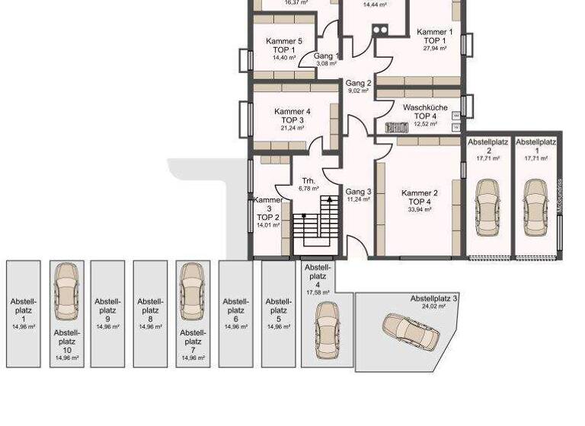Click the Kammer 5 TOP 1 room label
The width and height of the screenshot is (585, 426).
(284, 46)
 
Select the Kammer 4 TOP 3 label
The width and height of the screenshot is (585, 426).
(292, 116)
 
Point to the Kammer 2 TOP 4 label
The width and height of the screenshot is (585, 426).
(420, 198)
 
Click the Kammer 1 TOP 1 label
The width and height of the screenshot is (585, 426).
(435, 37)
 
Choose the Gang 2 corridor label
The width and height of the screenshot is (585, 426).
(358, 83)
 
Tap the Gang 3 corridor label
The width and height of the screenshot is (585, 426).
(358, 192)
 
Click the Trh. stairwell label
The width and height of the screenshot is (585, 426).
(308, 181)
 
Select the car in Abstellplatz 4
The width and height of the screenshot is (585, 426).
(327, 329)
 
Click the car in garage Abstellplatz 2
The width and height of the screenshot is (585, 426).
(487, 202)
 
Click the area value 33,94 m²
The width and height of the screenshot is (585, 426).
(420, 209)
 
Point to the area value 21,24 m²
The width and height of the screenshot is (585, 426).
(292, 129)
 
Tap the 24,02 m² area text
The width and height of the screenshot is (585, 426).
(433, 307)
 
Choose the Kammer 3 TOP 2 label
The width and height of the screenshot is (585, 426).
(268, 211)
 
